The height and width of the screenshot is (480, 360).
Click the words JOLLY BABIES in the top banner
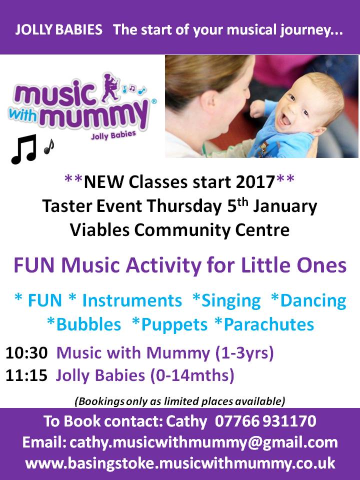(x=58, y=30)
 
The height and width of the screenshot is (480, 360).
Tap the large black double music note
(x=24, y=149)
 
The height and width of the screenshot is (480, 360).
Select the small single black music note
(x=49, y=146)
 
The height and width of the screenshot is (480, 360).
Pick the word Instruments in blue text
(x=132, y=300)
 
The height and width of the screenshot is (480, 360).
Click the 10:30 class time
(x=26, y=353)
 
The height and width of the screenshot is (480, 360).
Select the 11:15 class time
(x=26, y=375)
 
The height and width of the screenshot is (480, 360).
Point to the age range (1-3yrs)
(x=244, y=353)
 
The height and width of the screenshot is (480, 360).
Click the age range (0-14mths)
(x=192, y=375)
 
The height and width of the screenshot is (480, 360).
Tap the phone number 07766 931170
(x=265, y=421)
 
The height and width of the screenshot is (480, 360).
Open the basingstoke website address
(x=180, y=463)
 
